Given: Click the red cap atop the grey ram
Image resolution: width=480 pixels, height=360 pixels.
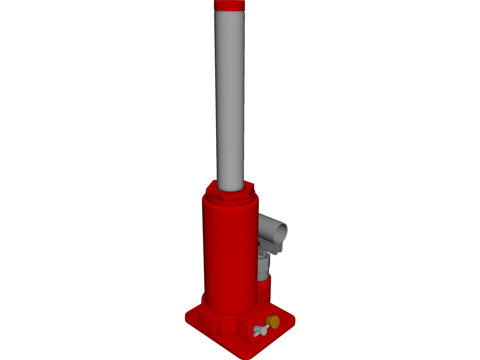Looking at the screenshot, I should (x=229, y=5).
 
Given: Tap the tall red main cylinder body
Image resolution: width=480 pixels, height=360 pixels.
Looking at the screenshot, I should (x=229, y=255).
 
